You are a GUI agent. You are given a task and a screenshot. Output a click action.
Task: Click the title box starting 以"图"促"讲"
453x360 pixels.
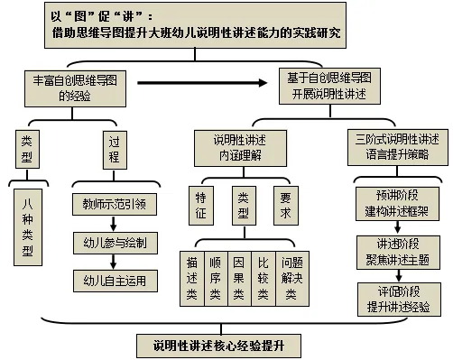tap(195, 25)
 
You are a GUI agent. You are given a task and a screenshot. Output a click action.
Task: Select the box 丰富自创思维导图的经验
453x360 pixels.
tap(75, 88)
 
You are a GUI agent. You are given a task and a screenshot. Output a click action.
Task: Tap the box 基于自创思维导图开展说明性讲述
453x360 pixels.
tap(329, 87)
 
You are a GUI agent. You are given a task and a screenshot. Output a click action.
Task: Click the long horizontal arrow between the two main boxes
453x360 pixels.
tap(202, 83)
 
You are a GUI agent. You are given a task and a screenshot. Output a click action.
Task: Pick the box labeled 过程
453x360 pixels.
tap(115, 150)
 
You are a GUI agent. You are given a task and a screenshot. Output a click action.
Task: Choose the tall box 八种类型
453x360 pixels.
tap(28, 227)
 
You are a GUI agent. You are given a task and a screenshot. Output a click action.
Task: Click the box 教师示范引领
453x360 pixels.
tap(115, 205)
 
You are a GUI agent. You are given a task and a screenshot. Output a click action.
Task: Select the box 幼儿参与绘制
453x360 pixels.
tap(116, 243)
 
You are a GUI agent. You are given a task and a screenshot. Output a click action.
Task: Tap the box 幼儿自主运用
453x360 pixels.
tap(116, 281)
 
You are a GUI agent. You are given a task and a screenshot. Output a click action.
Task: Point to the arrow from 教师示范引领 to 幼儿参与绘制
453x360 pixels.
tap(114, 224)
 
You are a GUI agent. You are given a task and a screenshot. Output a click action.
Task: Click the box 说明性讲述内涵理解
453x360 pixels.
tap(240, 148)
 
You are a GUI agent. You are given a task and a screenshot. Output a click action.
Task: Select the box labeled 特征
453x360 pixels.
tap(201, 206)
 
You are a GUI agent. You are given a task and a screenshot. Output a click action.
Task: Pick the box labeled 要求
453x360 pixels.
tap(286, 206)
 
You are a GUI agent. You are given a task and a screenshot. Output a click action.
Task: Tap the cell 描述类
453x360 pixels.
tap(192, 279)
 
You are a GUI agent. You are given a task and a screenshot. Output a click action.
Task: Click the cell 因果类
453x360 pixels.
tap(239, 279)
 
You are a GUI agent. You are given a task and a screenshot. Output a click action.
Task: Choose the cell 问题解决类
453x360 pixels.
tap(292, 279)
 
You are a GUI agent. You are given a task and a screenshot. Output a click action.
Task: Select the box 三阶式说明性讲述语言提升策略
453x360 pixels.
tap(398, 147)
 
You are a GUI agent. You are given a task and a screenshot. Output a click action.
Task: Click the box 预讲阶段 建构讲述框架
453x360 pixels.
tap(397, 204)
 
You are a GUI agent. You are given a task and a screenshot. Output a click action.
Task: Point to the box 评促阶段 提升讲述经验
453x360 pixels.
tap(399, 300)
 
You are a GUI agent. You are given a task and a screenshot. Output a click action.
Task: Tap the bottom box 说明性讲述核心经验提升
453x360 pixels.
tap(219, 346)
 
